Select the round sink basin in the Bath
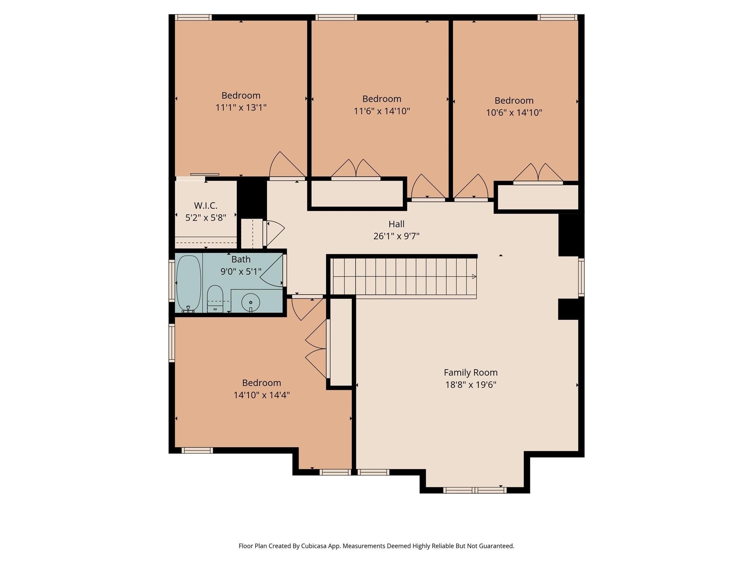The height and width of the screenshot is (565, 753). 251,302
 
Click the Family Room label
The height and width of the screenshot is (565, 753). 470,373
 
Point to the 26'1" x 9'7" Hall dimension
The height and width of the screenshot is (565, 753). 396,236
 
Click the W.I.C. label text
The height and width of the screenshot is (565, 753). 206,206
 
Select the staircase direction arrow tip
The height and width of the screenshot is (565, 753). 474,277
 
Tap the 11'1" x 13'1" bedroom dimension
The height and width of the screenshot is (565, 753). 241,108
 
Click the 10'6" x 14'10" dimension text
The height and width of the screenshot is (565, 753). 514,113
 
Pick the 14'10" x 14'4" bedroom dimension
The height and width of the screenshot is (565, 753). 261,395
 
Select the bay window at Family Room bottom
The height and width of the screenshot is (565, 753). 475,490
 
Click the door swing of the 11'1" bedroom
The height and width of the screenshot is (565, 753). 285,166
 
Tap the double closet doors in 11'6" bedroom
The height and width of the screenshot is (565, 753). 356,170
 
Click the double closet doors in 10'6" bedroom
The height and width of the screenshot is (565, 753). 538,174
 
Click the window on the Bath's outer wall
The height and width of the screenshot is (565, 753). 172,281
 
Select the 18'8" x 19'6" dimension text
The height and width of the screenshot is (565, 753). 470,385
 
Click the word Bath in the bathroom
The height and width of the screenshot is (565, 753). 241,259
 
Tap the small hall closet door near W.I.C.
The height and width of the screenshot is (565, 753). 274,232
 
